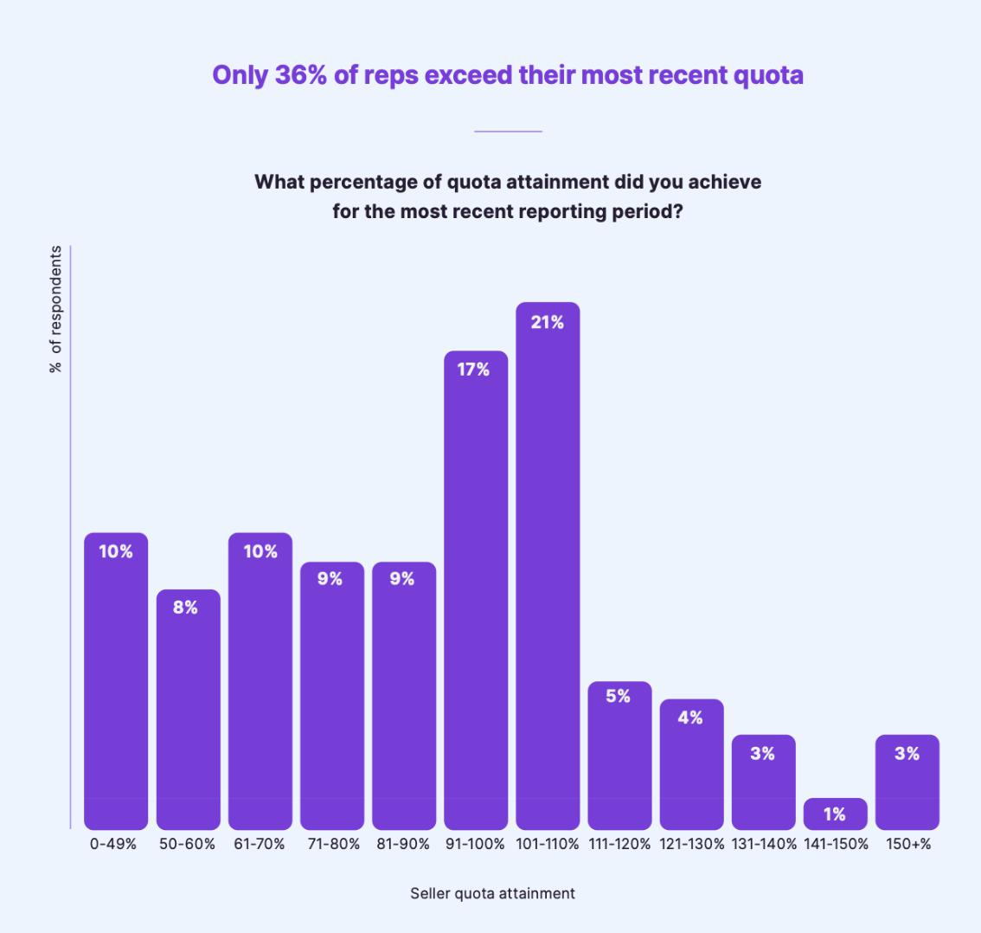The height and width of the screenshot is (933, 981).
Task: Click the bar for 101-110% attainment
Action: click(x=548, y=571)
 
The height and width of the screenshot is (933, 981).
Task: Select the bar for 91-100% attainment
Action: click(x=476, y=597)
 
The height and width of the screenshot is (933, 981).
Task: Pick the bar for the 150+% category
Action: click(x=907, y=788)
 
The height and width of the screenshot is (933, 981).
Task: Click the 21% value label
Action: click(x=548, y=322)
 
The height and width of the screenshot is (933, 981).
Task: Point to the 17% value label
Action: click(x=473, y=370)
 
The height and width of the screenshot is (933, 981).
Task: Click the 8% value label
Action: click(x=185, y=608)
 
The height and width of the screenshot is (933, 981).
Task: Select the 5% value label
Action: click(x=618, y=696)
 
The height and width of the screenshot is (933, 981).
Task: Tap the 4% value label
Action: click(x=690, y=717)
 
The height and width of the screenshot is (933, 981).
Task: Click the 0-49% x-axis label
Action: click(x=113, y=844)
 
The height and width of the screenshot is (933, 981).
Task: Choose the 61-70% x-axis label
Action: click(x=259, y=844)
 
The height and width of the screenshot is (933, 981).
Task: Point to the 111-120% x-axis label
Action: click(x=619, y=844)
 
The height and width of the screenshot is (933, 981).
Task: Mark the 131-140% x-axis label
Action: click(x=764, y=844)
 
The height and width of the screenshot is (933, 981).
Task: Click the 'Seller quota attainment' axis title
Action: click(x=492, y=893)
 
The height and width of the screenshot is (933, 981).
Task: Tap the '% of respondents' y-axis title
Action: click(x=56, y=309)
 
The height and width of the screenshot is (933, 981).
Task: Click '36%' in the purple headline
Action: click(x=300, y=75)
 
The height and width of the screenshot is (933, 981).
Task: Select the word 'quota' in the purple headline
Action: click(x=768, y=75)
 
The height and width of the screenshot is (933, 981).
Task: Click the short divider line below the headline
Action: click(x=508, y=132)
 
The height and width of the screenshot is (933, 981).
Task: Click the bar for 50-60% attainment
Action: click(x=189, y=718)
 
